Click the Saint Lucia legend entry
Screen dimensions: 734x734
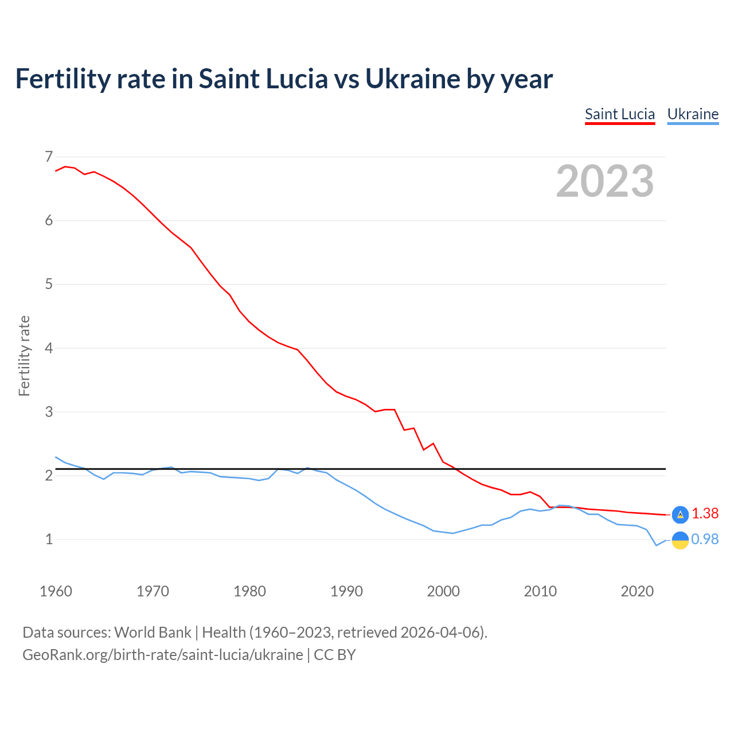point(619,114)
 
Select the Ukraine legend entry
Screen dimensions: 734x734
point(693,114)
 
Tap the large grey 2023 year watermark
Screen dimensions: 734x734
point(605,181)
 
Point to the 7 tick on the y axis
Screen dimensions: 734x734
point(49,157)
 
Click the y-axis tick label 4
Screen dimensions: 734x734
point(49,348)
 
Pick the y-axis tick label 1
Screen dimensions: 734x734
point(49,539)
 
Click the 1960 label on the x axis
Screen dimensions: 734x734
point(56,591)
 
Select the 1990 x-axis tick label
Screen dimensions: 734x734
point(346,591)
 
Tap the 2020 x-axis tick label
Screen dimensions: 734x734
point(637,591)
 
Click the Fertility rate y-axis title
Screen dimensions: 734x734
point(24,356)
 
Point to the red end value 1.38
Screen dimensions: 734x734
point(705,514)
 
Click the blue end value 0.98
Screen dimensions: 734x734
point(705,540)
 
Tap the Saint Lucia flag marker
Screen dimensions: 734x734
point(680,515)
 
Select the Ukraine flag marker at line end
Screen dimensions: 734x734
point(680,540)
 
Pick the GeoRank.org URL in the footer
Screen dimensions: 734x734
point(163,654)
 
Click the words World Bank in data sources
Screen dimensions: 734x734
point(153,633)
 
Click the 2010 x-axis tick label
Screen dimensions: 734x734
point(540,591)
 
